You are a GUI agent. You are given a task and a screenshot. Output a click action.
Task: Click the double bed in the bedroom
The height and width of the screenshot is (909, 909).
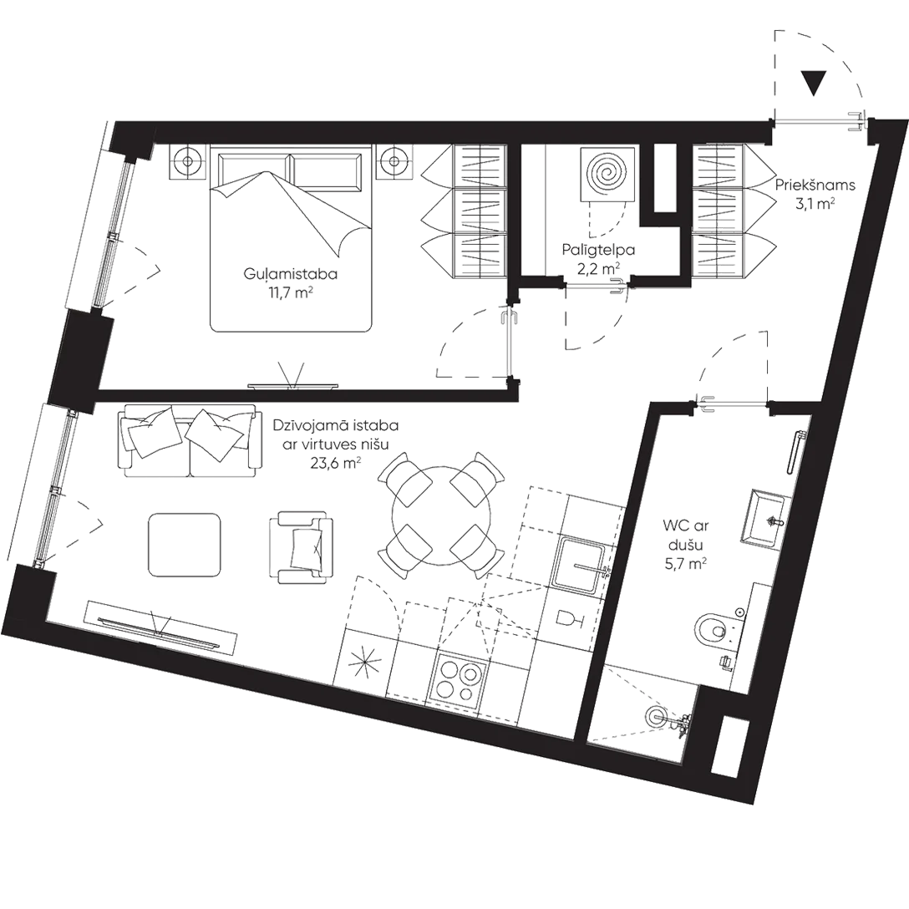(288, 238)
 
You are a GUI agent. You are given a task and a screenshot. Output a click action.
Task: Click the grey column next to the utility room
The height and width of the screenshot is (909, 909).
(665, 177)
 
